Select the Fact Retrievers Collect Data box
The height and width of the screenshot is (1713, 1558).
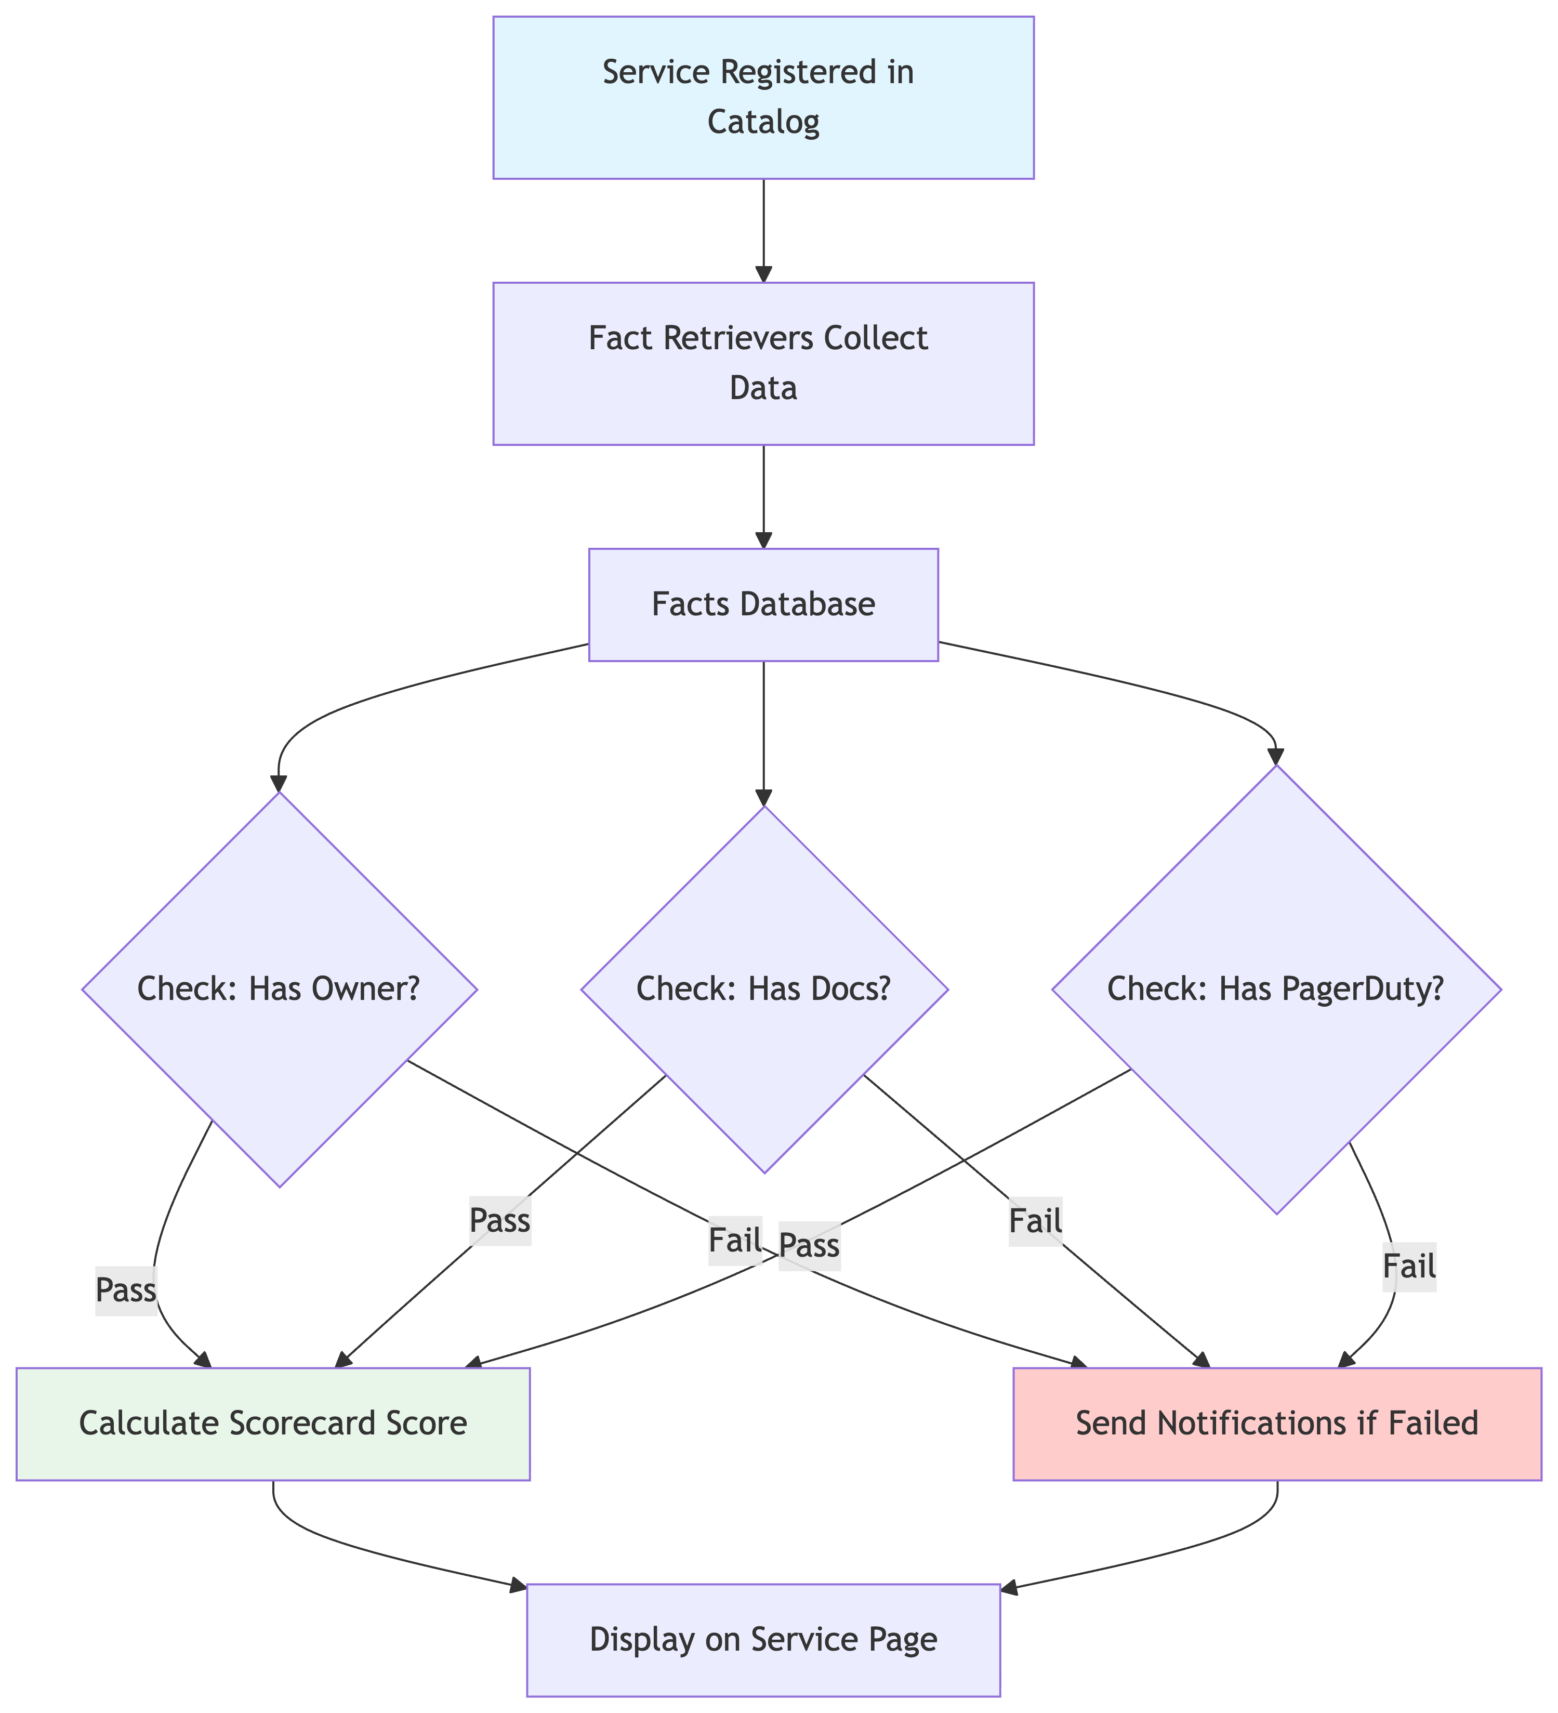(763, 363)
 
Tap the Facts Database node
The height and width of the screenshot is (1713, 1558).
(763, 604)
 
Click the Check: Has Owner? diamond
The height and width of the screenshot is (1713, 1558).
(279, 989)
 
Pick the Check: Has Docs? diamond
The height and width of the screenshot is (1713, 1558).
(763, 989)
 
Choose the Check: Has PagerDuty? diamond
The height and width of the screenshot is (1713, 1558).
(1276, 989)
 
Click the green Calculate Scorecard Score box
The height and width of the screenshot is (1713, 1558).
(273, 1423)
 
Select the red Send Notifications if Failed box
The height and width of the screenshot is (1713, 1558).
(1276, 1423)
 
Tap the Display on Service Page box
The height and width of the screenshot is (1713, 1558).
(763, 1639)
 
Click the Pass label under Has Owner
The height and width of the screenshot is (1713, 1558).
(126, 1290)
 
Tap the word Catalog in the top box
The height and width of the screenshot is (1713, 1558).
(763, 122)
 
